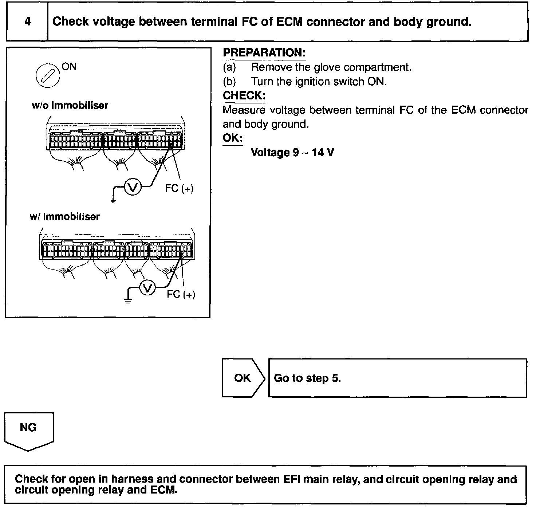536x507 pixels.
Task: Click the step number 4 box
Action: pos(27,21)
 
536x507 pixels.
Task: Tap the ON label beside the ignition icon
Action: pos(69,67)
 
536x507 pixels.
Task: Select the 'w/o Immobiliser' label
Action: pos(70,106)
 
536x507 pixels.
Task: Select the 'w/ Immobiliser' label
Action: pos(64,217)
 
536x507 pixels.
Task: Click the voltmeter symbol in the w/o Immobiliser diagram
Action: pos(133,187)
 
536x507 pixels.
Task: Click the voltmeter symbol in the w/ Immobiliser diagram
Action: pos(147,288)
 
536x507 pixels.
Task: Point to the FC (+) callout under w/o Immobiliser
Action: pos(179,188)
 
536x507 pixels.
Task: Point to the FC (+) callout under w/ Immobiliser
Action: pos(181,294)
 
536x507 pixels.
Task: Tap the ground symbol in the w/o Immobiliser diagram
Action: pos(113,200)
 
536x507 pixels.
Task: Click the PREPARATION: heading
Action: pos(264,53)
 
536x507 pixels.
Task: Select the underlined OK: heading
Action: pos(232,138)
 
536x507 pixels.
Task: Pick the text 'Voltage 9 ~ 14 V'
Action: pos(292,152)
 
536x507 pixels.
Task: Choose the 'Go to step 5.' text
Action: pos(307,378)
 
